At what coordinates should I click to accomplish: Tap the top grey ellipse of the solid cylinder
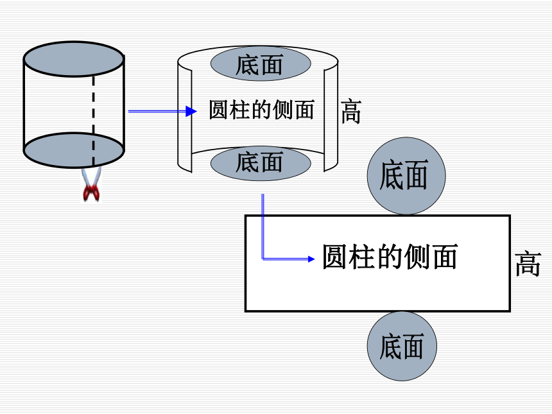click(x=74, y=59)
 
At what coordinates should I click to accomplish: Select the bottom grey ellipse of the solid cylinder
click(x=74, y=150)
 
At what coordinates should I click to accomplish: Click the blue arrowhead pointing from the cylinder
click(x=191, y=111)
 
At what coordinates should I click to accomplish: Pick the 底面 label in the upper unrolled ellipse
click(x=259, y=65)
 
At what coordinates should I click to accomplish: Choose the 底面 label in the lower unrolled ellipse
click(x=259, y=162)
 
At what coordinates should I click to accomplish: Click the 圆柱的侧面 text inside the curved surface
click(x=262, y=110)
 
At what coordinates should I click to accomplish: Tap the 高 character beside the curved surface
click(x=351, y=111)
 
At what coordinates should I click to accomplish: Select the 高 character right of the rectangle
click(x=528, y=263)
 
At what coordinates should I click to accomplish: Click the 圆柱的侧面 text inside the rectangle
click(x=390, y=257)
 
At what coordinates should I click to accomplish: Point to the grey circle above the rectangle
click(x=406, y=176)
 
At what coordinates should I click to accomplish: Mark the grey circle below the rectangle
click(x=402, y=346)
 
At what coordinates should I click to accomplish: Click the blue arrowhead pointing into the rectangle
click(x=311, y=259)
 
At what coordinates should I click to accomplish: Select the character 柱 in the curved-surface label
click(x=239, y=110)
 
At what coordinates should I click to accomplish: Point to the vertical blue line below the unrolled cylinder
click(x=263, y=227)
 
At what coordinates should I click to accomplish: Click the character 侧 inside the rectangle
click(x=417, y=257)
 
